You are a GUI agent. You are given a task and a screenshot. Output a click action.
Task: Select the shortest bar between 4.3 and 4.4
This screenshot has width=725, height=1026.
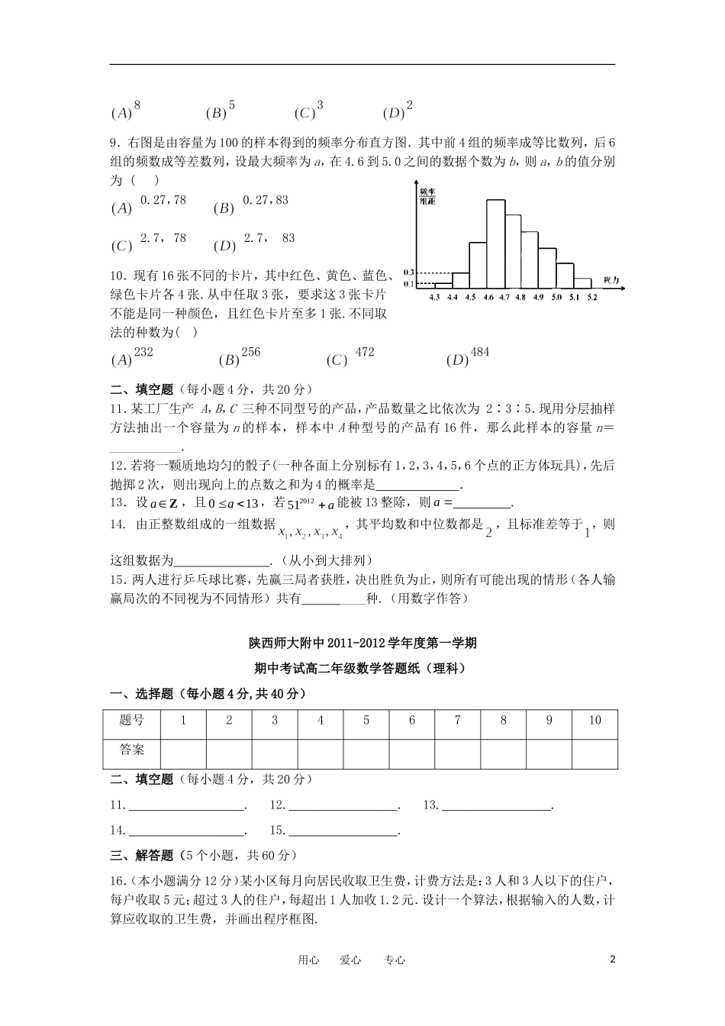443,285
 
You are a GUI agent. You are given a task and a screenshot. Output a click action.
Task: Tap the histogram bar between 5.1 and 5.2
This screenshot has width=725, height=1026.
582,282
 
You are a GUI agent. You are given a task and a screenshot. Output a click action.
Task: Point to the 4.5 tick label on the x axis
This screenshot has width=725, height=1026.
469,297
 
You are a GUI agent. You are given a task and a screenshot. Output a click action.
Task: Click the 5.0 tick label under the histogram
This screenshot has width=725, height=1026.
556,297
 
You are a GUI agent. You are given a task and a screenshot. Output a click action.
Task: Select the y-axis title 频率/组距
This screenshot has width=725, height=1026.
427,196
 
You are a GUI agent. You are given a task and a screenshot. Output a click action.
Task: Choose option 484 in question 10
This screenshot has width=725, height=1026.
480,353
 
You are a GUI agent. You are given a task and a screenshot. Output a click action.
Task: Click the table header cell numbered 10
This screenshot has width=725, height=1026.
594,721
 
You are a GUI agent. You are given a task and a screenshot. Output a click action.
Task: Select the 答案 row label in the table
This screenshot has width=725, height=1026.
132,750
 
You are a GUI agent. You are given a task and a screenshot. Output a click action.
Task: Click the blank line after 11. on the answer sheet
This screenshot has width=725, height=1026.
186,806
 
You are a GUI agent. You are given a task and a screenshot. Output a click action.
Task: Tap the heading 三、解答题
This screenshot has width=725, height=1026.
142,856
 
